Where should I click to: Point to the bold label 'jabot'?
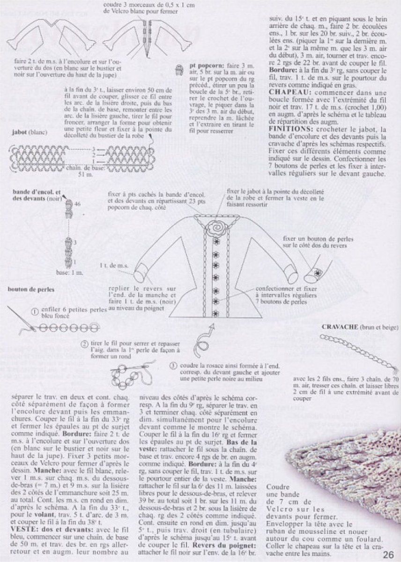click(x=18, y=132)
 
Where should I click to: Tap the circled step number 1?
click(x=34, y=311)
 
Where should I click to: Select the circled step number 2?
click(x=84, y=345)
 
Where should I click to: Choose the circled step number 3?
click(x=173, y=365)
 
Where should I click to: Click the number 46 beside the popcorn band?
click(x=77, y=204)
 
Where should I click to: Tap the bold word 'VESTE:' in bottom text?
click(x=22, y=528)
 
